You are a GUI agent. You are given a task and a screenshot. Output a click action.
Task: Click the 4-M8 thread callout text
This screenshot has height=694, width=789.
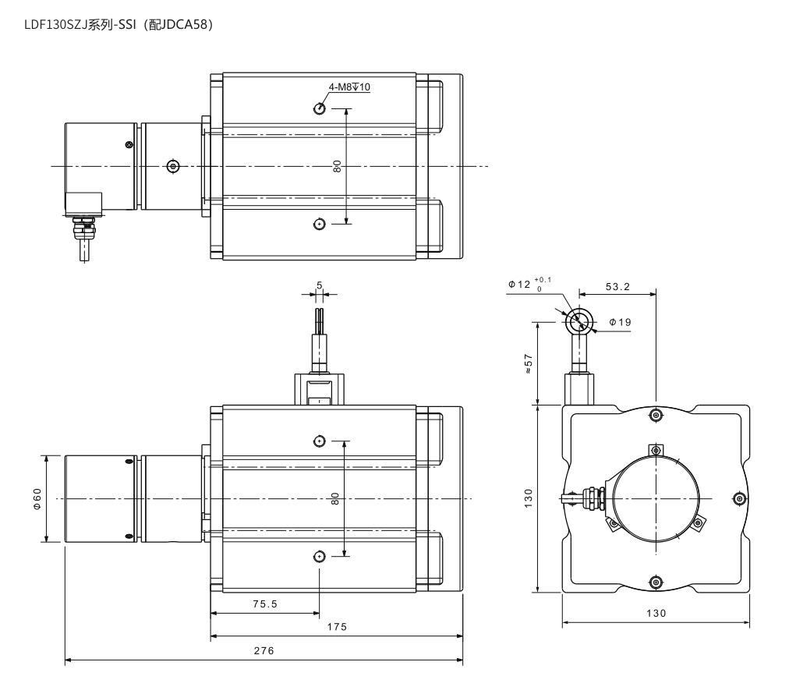click(x=349, y=87)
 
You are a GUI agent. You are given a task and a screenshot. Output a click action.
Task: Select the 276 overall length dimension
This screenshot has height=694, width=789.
click(x=264, y=650)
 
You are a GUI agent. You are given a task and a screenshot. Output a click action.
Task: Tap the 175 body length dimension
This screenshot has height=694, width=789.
click(x=337, y=627)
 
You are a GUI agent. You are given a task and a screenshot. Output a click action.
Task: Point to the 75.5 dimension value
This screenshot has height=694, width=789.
click(x=265, y=604)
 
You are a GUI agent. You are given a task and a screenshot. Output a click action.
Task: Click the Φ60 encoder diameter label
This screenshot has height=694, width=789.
click(x=37, y=499)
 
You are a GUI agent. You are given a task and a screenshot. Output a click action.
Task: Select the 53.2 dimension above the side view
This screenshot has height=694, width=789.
click(x=617, y=286)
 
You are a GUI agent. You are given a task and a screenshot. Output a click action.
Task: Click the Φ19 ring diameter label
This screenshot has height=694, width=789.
click(x=620, y=322)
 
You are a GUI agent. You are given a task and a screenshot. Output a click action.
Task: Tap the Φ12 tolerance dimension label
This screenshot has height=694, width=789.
click(x=529, y=285)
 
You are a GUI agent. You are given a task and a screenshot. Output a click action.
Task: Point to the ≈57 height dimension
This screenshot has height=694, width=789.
click(x=528, y=363)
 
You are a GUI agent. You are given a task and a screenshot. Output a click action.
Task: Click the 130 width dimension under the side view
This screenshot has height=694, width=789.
click(x=656, y=613)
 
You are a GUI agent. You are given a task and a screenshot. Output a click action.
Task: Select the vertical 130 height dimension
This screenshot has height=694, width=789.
click(x=528, y=498)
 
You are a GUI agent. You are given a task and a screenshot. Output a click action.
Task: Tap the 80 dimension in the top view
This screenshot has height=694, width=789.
click(x=337, y=166)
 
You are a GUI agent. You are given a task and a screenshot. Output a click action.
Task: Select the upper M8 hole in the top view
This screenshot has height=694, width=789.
click(x=319, y=108)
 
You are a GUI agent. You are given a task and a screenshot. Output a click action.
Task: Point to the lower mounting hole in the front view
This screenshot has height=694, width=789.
click(x=319, y=556)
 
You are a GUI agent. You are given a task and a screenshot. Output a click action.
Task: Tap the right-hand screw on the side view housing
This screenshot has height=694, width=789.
click(x=738, y=498)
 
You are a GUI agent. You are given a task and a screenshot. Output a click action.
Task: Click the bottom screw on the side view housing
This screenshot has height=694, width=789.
click(x=655, y=582)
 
